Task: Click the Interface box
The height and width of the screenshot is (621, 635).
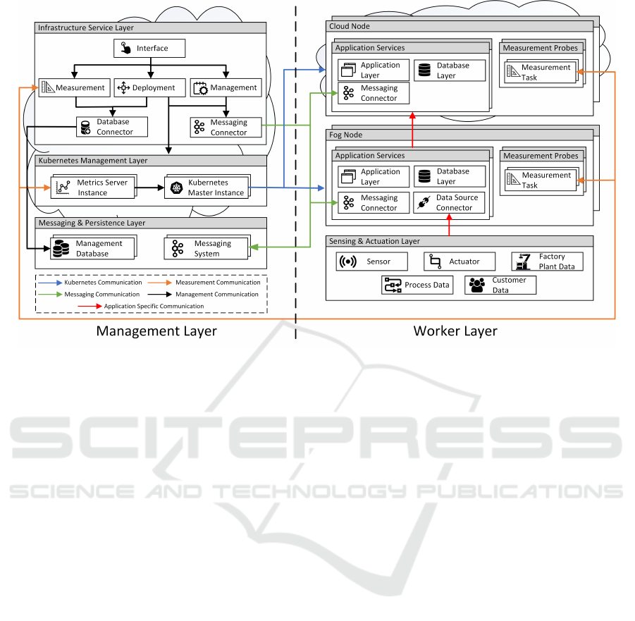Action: click(149, 49)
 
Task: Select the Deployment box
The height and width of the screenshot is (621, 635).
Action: click(149, 88)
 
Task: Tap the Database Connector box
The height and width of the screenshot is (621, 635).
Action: click(113, 127)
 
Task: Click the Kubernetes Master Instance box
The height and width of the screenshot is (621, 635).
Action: click(206, 187)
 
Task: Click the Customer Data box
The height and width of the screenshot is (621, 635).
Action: click(500, 285)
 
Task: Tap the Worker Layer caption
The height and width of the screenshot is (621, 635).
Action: click(455, 331)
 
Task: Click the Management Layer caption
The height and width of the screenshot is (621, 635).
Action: click(156, 331)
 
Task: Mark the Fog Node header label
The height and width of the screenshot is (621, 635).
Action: click(346, 133)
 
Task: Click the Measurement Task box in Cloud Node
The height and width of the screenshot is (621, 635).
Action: click(540, 73)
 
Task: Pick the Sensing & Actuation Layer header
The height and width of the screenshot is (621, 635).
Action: click(374, 241)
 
